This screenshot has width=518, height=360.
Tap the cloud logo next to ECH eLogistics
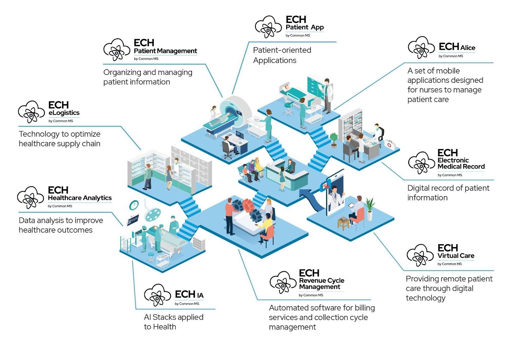click(31, 112)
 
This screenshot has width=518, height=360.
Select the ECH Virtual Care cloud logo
click(420, 255)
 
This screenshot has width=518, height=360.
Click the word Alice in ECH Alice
click(468, 48)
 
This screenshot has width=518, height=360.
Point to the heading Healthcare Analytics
click(80, 198)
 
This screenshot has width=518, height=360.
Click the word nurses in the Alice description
click(432, 90)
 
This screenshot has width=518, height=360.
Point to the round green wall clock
click(134, 205)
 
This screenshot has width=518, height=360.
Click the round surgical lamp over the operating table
click(153, 214)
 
